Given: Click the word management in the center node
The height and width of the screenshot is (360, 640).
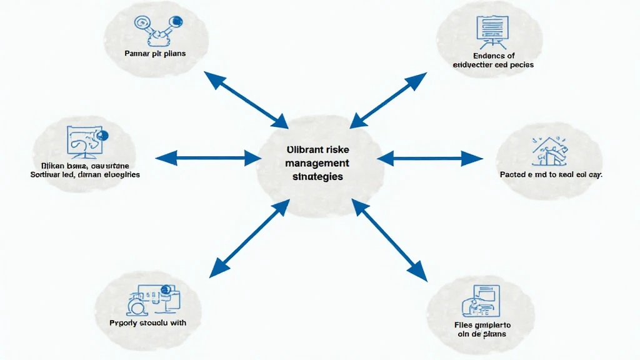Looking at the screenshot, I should point(317,163).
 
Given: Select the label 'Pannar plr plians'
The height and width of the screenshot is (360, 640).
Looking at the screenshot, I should point(155,54).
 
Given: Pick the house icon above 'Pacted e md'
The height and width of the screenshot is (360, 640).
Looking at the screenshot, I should point(547,147).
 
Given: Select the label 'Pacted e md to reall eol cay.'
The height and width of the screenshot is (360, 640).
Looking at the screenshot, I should point(551,175).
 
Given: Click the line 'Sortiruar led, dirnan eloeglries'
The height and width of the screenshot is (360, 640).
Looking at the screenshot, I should point(85,175).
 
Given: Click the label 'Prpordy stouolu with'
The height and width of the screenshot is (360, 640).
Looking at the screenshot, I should point(148,323).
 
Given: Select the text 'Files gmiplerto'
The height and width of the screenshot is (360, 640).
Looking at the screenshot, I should point(482,325).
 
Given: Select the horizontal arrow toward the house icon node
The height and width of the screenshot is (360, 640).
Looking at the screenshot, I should point(430,158).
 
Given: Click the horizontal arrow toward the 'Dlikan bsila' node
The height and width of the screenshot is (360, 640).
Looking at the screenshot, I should point(207,158).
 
